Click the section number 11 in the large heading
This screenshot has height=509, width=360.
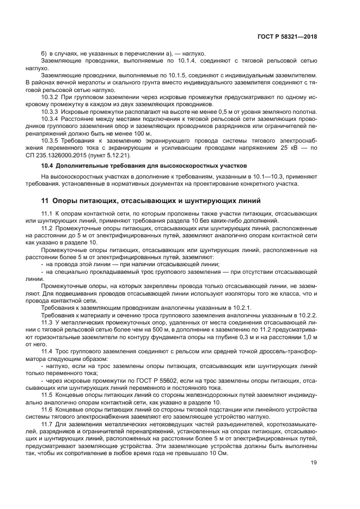click(45, 201)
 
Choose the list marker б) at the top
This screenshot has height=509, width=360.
click(45, 54)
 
